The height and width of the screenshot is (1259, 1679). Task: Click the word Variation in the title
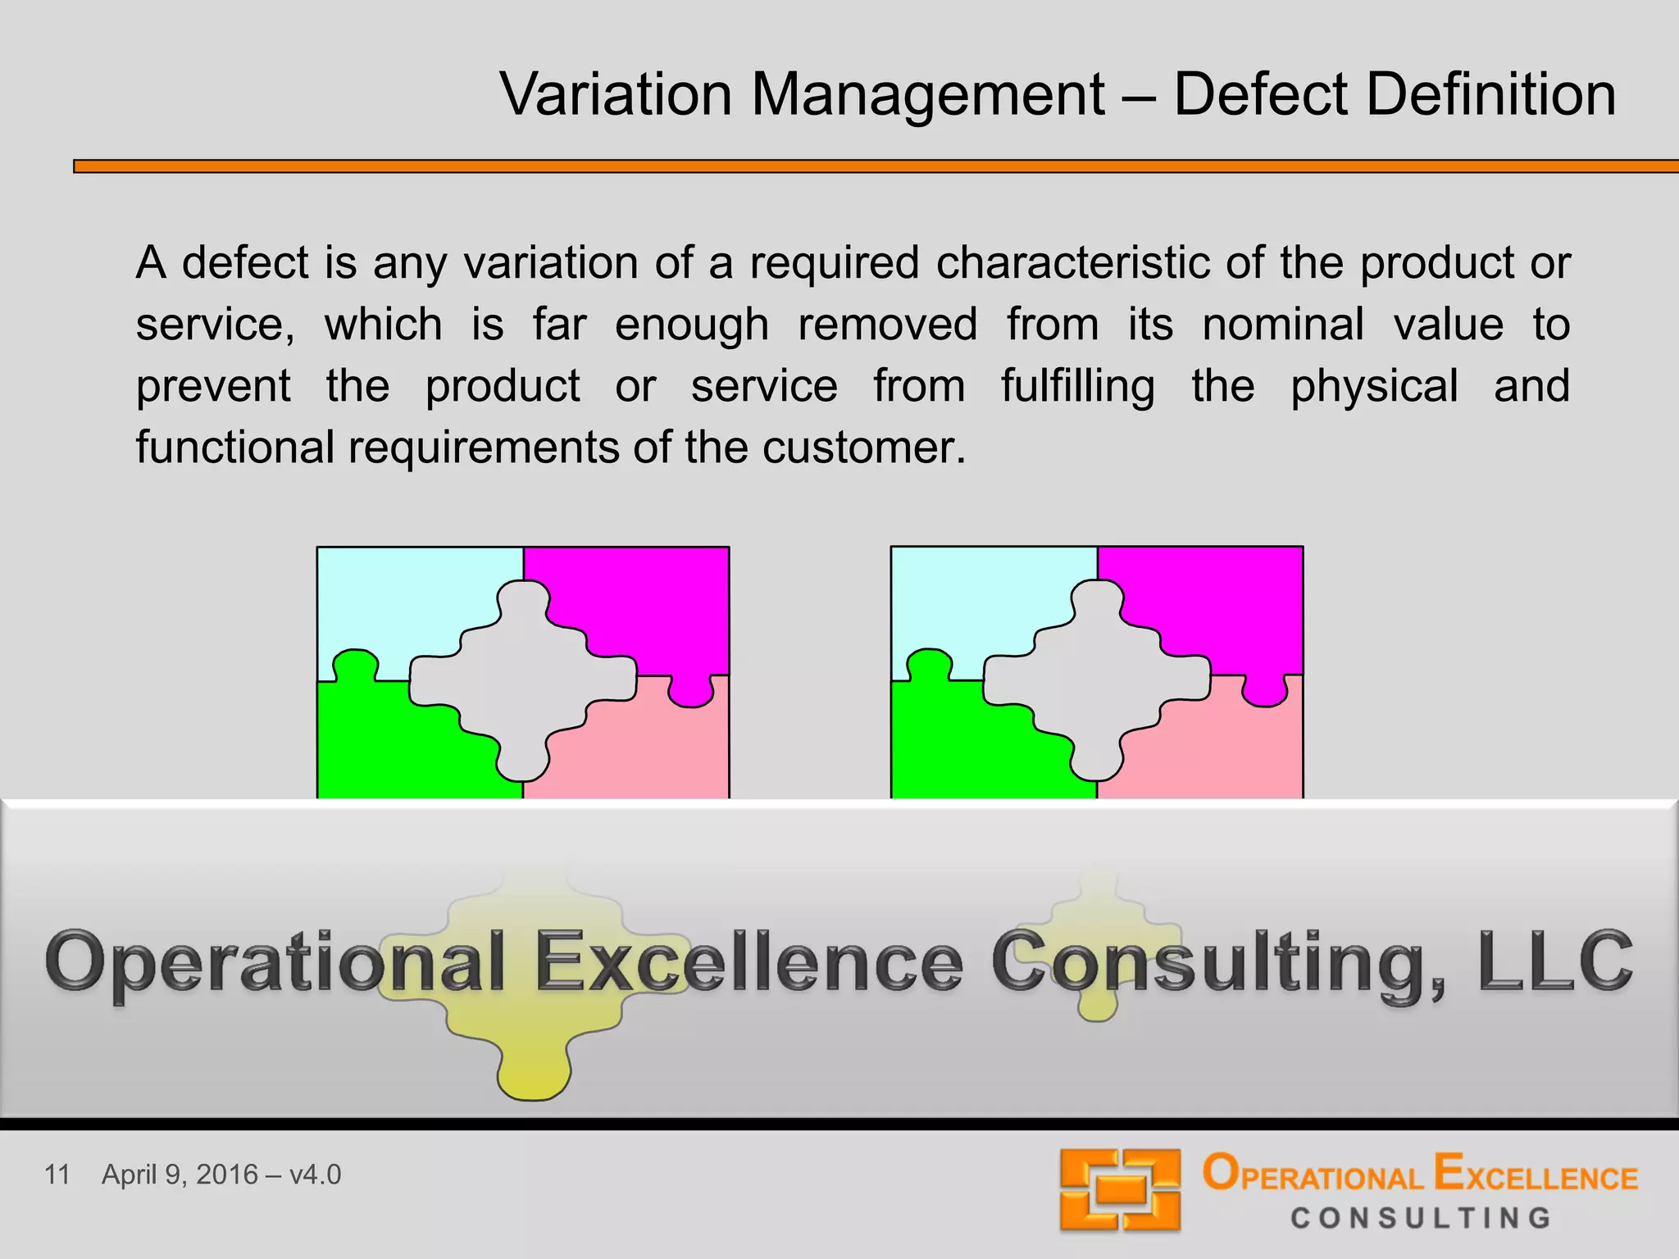pos(616,94)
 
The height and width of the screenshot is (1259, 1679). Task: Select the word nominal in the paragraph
pos(1282,325)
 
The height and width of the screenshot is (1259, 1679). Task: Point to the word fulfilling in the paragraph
pos(1077,387)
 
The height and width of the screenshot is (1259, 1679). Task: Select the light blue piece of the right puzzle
pos(976,607)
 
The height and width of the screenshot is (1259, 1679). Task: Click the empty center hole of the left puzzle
pos(523,680)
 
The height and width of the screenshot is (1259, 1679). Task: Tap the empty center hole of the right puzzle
pos(1097,680)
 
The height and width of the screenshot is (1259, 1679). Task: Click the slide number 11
pos(57,1175)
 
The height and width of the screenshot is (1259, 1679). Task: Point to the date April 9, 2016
pos(180,1175)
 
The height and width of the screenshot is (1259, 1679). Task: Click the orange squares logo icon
pos(1120,1189)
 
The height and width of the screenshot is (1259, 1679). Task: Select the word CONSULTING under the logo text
pos(1421,1218)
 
